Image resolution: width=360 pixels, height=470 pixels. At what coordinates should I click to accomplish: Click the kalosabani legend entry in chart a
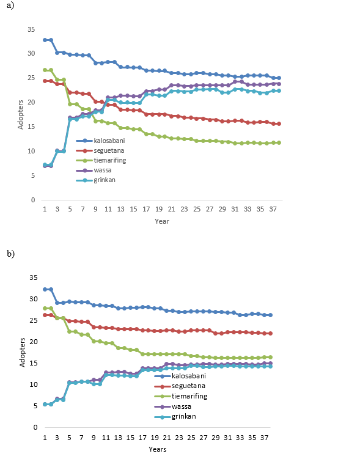pyautogui.click(x=100, y=141)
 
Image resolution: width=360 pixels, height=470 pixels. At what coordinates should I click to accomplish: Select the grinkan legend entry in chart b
pyautogui.click(x=175, y=417)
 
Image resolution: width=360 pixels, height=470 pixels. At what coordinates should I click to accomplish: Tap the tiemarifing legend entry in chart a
pyautogui.click(x=101, y=160)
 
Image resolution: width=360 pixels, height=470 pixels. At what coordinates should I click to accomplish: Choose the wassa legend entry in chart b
pyautogui.click(x=173, y=406)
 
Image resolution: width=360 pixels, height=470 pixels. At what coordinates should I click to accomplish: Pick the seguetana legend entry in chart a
pyautogui.click(x=100, y=150)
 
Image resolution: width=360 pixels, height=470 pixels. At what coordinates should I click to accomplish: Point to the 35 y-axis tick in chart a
pyautogui.click(x=31, y=29)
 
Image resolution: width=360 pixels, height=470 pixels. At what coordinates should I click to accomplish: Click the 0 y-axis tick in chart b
pyautogui.click(x=35, y=427)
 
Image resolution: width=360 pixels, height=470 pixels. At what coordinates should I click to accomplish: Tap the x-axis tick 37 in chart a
pyautogui.click(x=273, y=209)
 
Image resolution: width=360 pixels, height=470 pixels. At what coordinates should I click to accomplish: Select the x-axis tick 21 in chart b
pyautogui.click(x=167, y=438)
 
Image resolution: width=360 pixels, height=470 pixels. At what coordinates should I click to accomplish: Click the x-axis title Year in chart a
pyautogui.click(x=162, y=221)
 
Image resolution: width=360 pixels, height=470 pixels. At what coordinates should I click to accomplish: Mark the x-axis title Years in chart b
pyautogui.click(x=158, y=449)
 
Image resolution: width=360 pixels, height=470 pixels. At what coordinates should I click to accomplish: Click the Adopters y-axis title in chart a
pyautogui.click(x=20, y=115)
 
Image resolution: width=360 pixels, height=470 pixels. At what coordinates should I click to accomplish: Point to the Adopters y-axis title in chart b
pyautogui.click(x=22, y=352)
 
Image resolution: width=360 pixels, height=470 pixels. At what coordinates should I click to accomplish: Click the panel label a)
pyautogui.click(x=10, y=6)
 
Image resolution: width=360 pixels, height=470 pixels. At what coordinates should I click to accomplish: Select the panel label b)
pyautogui.click(x=11, y=254)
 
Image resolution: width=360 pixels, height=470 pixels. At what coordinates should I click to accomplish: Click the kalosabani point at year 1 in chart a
pyautogui.click(x=45, y=40)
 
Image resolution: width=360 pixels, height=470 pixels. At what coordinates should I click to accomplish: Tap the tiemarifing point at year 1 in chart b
pyautogui.click(x=45, y=308)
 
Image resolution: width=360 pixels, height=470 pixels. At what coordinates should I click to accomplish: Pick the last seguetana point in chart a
pyautogui.click(x=279, y=124)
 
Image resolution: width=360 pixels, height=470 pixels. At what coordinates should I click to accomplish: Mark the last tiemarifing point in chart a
pyautogui.click(x=279, y=142)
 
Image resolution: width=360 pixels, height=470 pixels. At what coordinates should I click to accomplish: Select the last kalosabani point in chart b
pyautogui.click(x=270, y=315)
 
